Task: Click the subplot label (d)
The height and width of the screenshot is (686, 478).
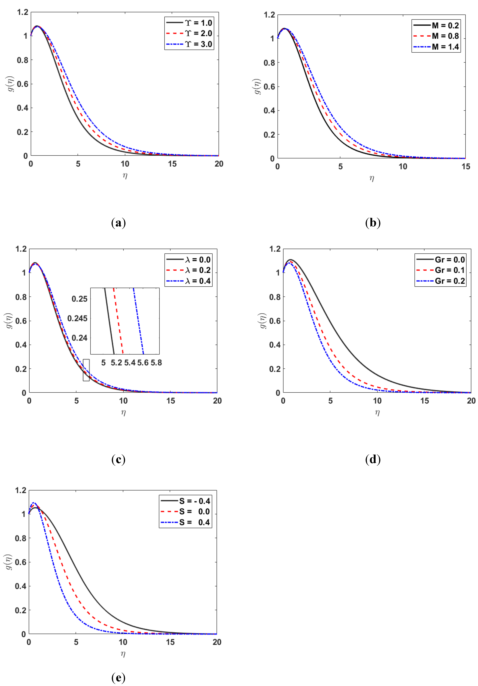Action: coord(373,459)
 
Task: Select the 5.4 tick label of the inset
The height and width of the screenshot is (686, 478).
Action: coord(130,363)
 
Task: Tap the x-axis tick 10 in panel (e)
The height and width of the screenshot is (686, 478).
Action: coord(123,642)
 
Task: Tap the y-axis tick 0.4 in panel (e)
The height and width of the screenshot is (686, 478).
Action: coord(21,586)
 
